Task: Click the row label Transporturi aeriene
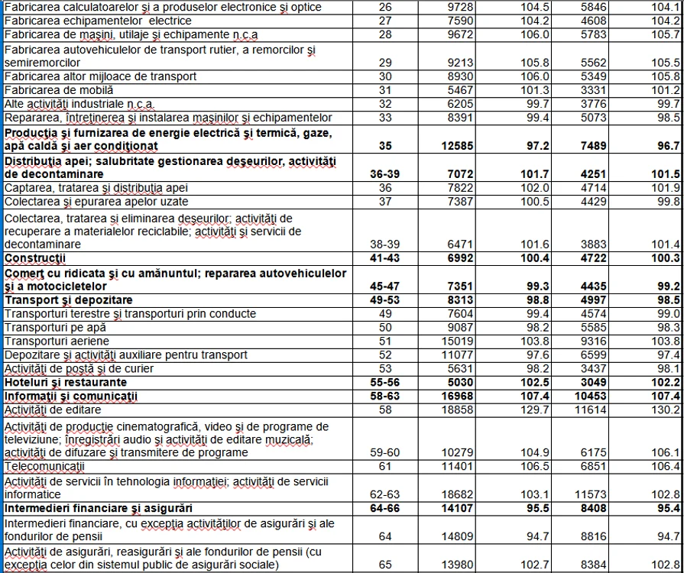pos(57,341)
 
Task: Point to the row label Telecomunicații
pos(45,466)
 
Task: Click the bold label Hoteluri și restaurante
pos(66,382)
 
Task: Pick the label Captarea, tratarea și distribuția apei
pos(96,187)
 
